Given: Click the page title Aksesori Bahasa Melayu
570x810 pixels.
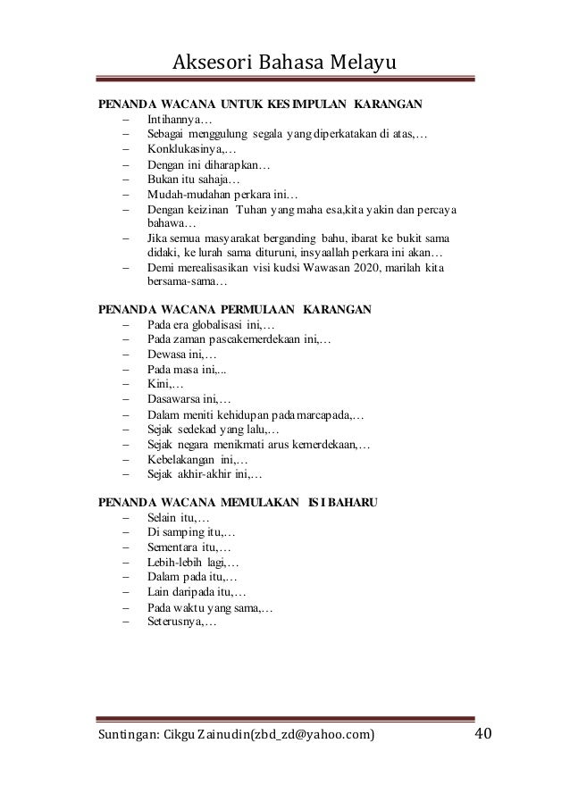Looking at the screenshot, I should [284, 62].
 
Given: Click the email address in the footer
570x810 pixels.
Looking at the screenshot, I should [304, 735].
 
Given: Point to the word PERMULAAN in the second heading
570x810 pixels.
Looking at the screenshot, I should [252, 310].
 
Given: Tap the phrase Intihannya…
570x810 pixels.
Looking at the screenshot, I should [179, 119].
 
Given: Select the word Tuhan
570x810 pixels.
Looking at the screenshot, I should [253, 210].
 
